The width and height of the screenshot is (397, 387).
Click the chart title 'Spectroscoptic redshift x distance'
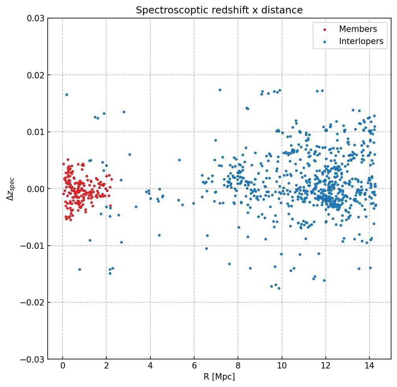[x=219, y=10]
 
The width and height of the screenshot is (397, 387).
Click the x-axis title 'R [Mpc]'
[x=219, y=377]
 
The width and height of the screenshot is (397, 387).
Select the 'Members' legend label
[x=358, y=29]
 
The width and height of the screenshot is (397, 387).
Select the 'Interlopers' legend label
[x=361, y=41]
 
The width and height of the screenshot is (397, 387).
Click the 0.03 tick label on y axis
[x=35, y=19]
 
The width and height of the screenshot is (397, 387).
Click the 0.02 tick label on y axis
[x=35, y=75]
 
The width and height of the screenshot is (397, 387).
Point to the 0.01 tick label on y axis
[x=35, y=132]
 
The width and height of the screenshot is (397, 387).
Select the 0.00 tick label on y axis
[x=35, y=189]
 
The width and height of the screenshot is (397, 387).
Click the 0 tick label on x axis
[x=63, y=367]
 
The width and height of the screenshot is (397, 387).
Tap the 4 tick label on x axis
[x=150, y=367]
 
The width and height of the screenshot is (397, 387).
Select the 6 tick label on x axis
[x=194, y=367]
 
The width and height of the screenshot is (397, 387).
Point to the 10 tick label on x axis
[x=282, y=367]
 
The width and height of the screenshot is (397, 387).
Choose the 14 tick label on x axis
[x=369, y=367]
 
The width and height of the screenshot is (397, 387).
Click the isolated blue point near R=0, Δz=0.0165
[x=67, y=94]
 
